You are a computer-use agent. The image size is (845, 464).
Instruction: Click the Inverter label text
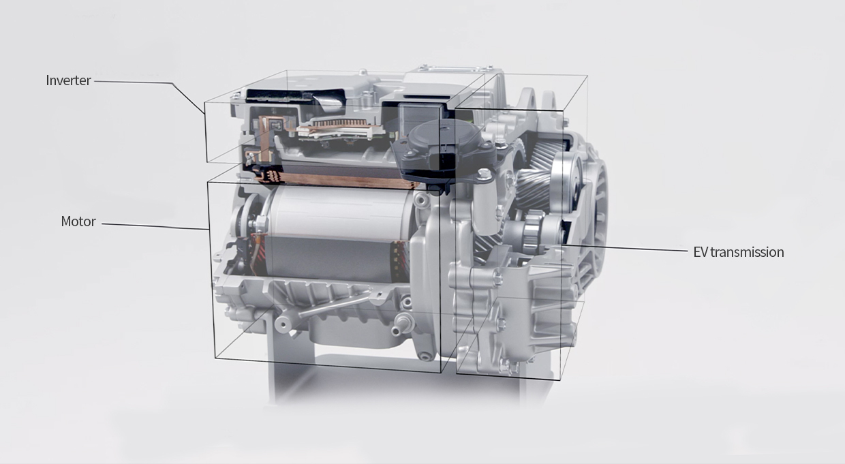[x=68, y=80]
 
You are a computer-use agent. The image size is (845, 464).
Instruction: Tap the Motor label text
[x=78, y=221]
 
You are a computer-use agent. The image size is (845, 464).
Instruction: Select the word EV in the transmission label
[x=701, y=252]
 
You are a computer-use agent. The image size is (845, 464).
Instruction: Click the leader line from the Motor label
[x=155, y=226]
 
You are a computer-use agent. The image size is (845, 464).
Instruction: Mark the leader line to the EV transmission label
[x=624, y=247]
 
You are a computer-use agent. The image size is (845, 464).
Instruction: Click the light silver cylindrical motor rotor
[x=339, y=211]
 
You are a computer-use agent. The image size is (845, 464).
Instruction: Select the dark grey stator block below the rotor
[x=332, y=258]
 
